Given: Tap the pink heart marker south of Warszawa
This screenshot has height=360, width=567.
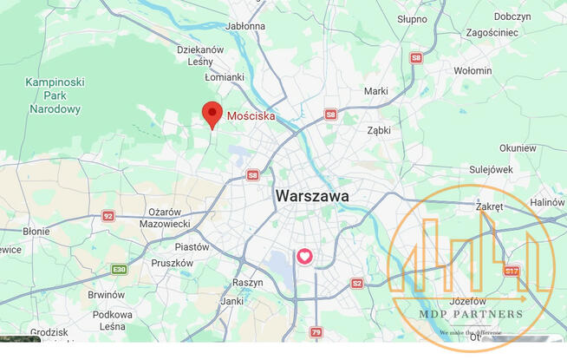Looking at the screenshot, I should tap(305, 257).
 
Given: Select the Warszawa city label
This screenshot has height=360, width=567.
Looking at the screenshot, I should tap(312, 197).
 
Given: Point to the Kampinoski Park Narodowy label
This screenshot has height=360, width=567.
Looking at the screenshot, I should tap(55, 95).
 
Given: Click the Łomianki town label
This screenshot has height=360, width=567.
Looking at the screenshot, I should tap(224, 77).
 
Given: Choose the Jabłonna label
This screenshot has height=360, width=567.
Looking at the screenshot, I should tap(244, 26).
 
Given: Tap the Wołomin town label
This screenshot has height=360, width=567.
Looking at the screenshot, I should tap(472, 70).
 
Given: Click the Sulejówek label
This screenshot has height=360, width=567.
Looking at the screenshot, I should tap(491, 170).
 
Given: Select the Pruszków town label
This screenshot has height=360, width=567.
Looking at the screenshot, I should tap(172, 263).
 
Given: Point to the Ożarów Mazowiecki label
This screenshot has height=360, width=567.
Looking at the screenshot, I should tap(164, 218).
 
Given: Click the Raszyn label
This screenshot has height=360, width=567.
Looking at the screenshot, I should tap(247, 283).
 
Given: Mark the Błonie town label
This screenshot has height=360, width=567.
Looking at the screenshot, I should tap(36, 232).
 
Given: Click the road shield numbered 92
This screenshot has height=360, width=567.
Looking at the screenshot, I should tap(108, 216).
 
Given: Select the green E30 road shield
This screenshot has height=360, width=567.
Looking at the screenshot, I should tap(119, 270).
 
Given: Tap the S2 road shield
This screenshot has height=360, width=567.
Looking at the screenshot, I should tap(357, 283).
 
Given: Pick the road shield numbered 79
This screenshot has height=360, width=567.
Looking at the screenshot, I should tap(316, 332).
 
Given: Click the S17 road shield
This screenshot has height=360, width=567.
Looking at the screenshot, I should tap(512, 272).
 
